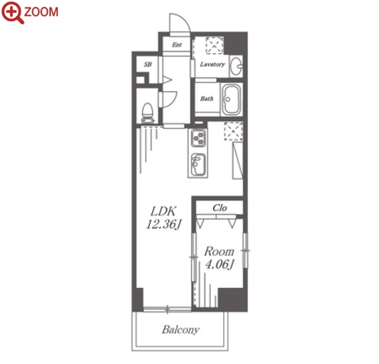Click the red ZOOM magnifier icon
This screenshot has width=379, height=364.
pos(12,12)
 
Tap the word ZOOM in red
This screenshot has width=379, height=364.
pos(41,11)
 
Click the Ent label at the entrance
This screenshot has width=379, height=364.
pos(177,45)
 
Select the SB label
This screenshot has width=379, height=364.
pos(148,65)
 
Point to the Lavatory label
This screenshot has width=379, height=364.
pos(212,65)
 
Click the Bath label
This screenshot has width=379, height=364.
pos(206,98)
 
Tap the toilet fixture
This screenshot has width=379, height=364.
pos(148,113)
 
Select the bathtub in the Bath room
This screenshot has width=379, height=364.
pos(231,100)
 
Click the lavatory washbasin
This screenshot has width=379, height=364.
pos(236,66)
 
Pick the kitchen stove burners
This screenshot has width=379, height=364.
pos(199,139)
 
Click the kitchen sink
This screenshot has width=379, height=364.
pos(198,165)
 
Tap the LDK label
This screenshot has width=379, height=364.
pos(163,211)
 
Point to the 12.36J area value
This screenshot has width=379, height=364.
pos(164,225)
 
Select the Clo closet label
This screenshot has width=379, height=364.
pos(220,208)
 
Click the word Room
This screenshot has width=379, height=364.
pos(219,251)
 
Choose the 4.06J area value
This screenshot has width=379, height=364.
pos(219,264)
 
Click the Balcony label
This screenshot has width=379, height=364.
pos(180,330)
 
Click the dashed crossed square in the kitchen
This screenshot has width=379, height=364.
pos(233,131)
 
